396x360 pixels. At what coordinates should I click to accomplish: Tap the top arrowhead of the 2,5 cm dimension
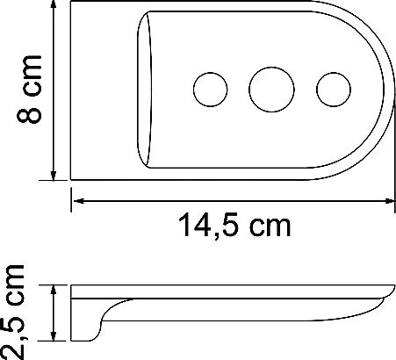click(x=54, y=290)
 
